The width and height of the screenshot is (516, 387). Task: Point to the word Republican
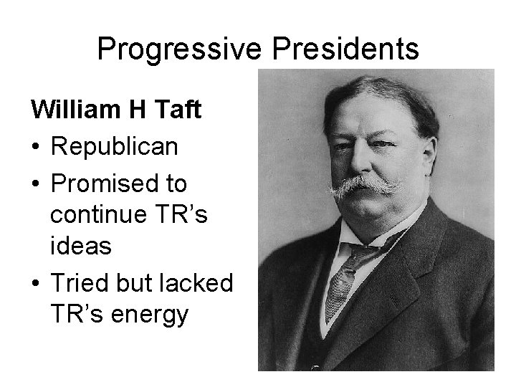[115, 147]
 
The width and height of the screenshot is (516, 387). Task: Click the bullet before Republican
[36, 148]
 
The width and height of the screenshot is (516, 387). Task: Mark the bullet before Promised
[36, 184]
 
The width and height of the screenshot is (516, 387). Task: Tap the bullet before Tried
[36, 284]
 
